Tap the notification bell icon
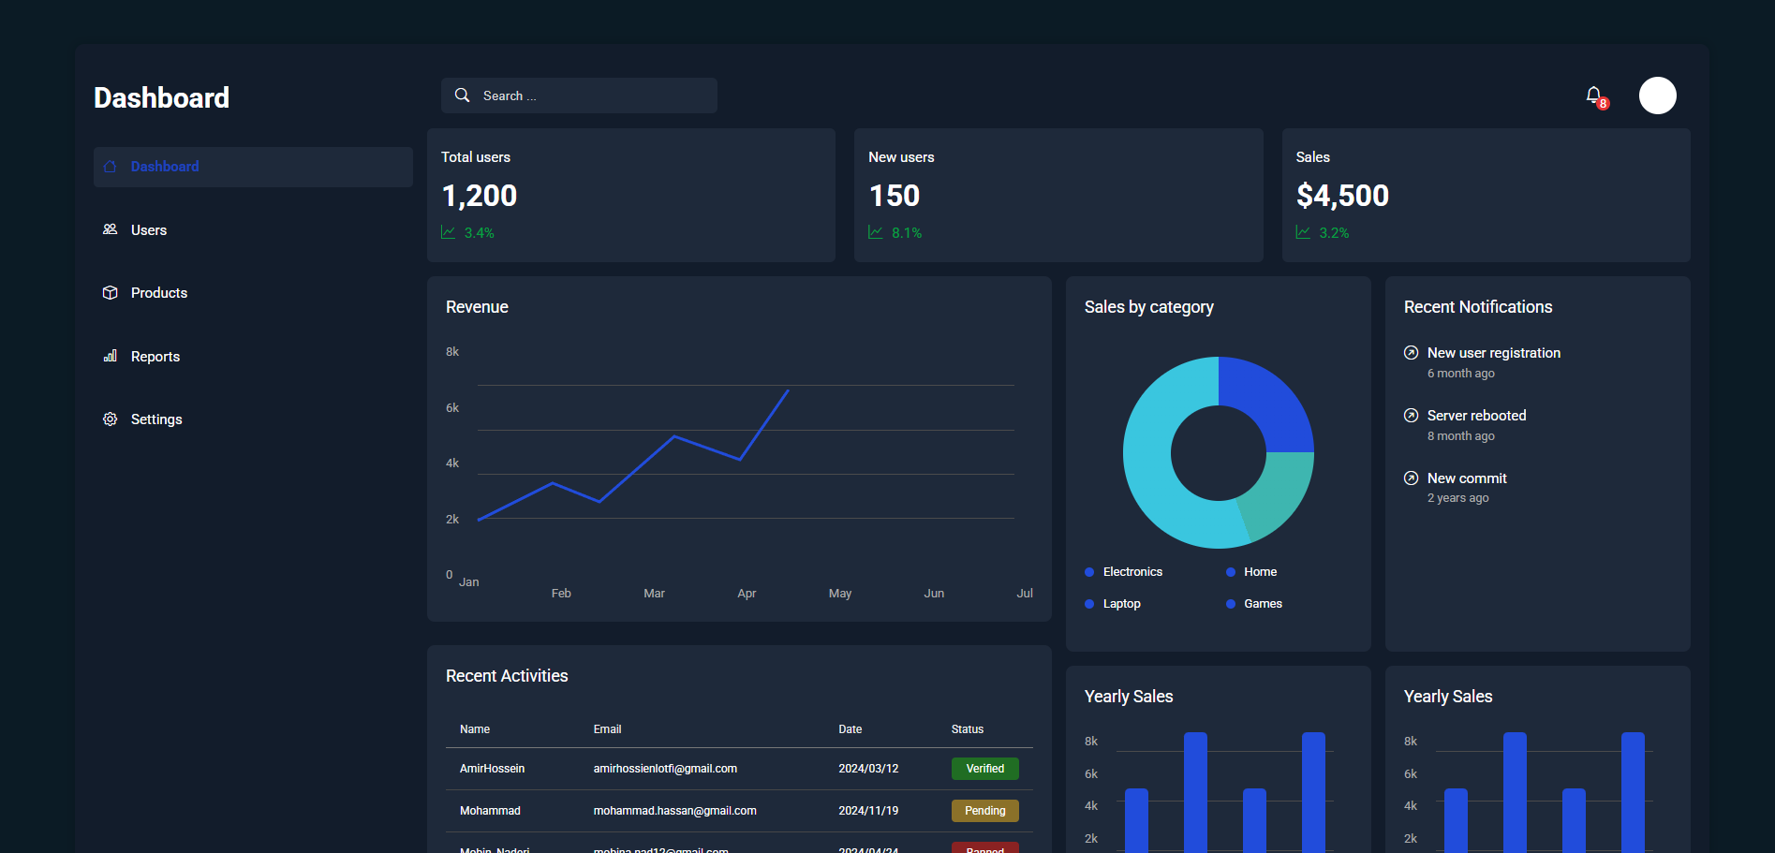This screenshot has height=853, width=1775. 1593,96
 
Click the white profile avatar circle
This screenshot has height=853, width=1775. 1657,96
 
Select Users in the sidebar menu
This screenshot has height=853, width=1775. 148,230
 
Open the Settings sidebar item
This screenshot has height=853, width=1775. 155,419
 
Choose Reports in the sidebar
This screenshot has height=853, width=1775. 155,357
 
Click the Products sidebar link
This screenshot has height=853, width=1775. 158,293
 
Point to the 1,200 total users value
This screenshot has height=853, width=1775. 479,196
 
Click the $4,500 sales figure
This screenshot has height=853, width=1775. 1341,196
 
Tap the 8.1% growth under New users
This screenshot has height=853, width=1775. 906,233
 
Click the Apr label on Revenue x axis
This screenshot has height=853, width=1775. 747,594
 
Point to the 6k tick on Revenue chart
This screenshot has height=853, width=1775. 452,408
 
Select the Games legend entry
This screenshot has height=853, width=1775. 1262,604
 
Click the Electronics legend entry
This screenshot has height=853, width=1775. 1132,572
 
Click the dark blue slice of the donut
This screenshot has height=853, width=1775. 1265,402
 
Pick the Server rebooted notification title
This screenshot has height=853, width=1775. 1476,416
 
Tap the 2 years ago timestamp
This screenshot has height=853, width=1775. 1457,498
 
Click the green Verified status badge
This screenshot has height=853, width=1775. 984,769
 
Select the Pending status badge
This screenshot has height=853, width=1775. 984,811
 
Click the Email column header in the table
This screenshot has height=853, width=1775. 607,729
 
